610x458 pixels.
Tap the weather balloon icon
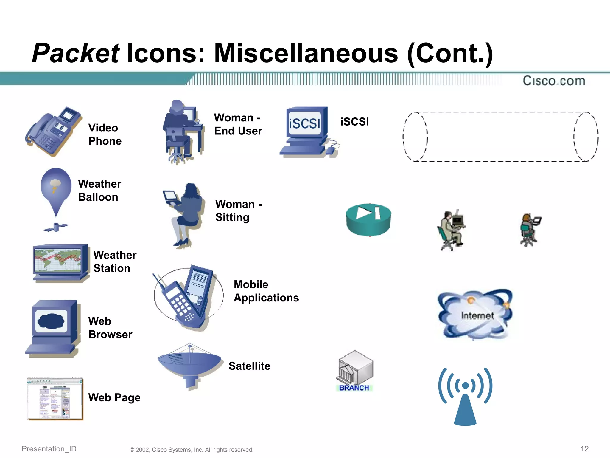click(x=56, y=188)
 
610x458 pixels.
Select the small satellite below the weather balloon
click(x=56, y=227)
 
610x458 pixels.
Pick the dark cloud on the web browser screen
click(x=51, y=321)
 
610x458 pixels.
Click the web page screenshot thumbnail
click(x=55, y=399)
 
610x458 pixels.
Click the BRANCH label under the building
click(x=354, y=388)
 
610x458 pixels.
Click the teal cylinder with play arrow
click(x=368, y=220)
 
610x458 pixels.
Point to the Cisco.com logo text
click(x=554, y=81)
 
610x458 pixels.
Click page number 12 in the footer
click(x=584, y=449)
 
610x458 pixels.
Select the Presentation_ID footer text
click(x=49, y=449)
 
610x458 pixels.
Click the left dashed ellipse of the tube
click(x=415, y=137)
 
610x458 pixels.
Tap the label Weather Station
click(x=115, y=262)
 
